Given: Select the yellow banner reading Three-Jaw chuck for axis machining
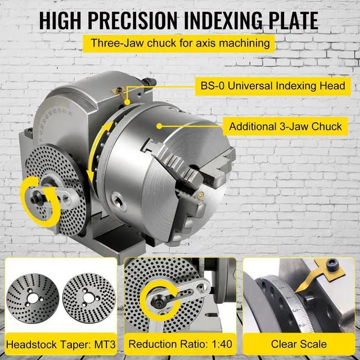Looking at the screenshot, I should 179,43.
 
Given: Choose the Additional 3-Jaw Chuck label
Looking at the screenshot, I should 285,126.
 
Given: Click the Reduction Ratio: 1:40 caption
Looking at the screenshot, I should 179,343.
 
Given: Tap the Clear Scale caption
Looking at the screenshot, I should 299,343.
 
